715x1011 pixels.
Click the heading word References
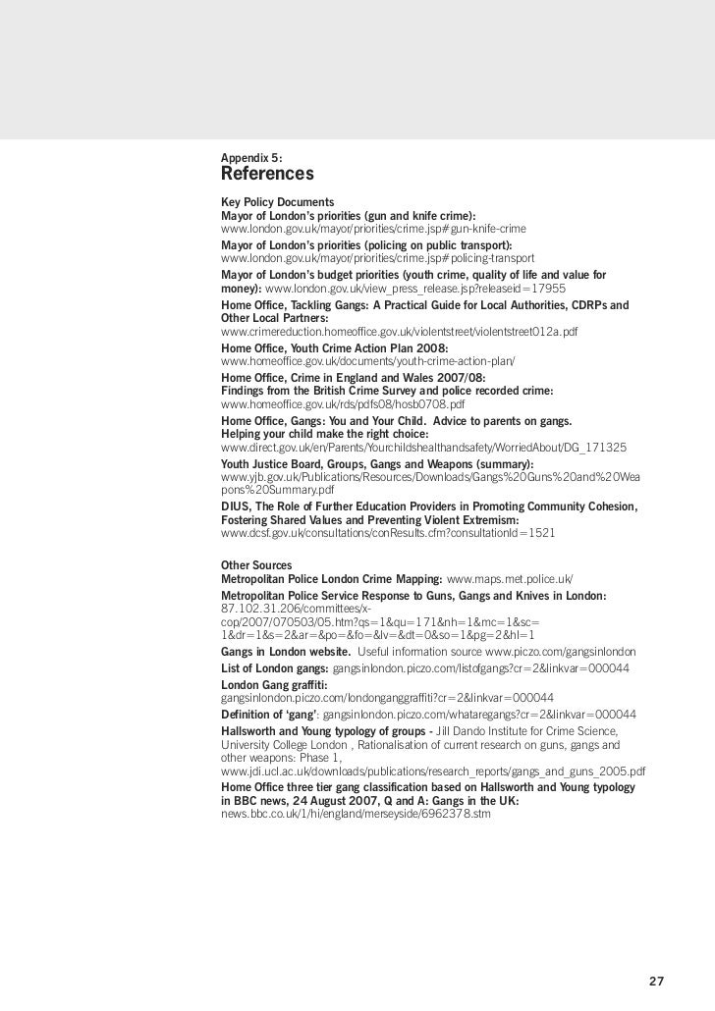click(x=267, y=175)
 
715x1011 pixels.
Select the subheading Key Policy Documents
click(x=278, y=201)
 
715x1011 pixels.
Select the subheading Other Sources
click(x=256, y=565)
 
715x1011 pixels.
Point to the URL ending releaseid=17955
click(x=414, y=291)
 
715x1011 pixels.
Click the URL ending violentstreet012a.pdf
click(x=400, y=332)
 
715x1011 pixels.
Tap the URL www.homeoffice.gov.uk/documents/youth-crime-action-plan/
click(x=368, y=361)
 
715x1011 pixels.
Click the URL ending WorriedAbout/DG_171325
click(x=423, y=447)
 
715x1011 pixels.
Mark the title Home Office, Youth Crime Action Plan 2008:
click(x=335, y=347)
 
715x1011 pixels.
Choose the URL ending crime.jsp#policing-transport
click(x=377, y=257)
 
